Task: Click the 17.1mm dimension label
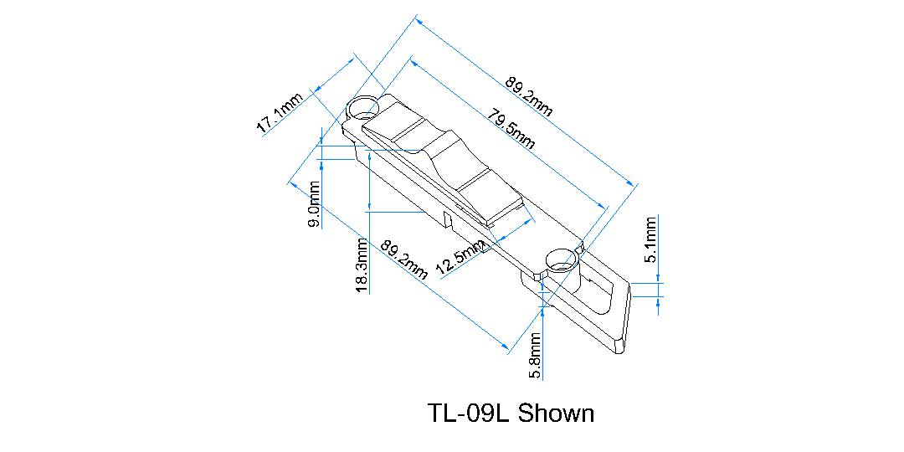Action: pos(280,114)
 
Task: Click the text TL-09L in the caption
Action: pos(469,413)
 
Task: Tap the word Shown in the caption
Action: pos(556,413)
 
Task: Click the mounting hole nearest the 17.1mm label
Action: pos(363,107)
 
